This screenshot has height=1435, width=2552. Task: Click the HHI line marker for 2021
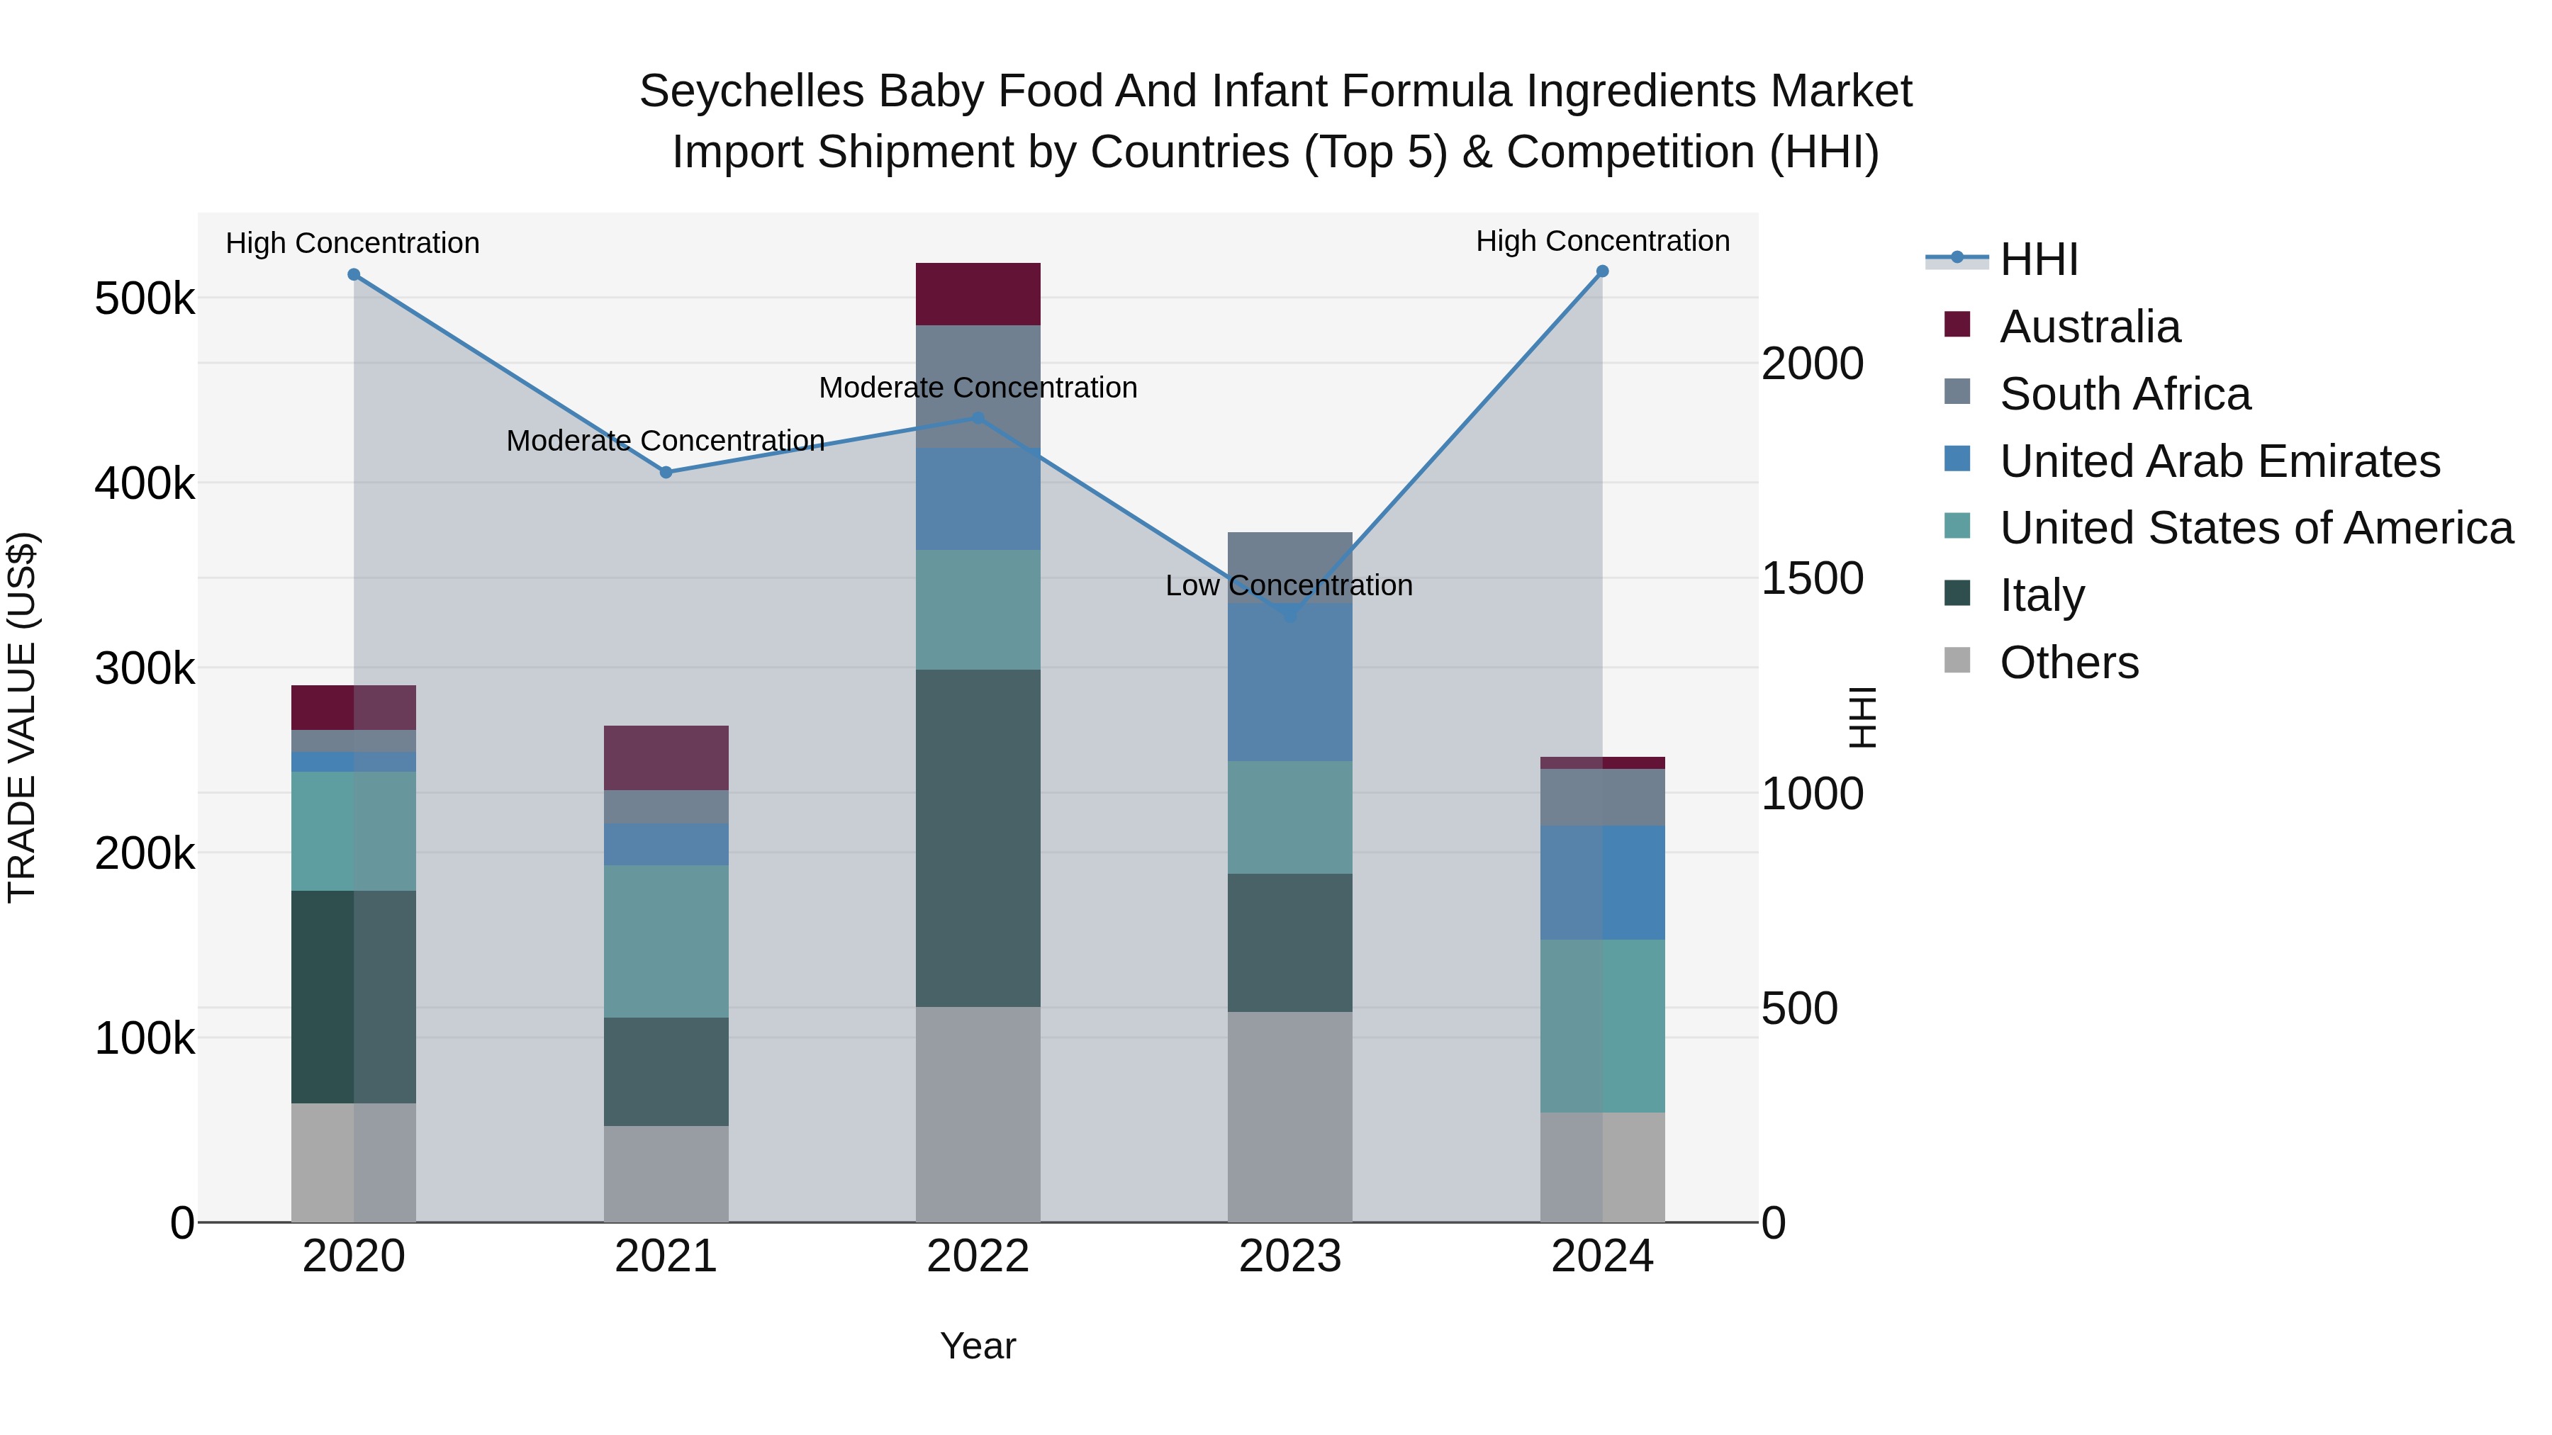666,473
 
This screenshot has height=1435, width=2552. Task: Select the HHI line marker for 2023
1290,616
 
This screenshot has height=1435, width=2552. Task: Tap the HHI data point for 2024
1602,271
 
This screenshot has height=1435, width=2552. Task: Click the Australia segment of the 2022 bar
978,294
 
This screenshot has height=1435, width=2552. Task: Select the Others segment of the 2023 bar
1290,1116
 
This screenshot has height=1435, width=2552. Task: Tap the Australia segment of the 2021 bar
666,758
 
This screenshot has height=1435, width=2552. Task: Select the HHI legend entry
2038,259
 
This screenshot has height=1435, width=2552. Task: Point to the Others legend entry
2069,663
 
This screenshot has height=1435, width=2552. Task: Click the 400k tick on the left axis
145,484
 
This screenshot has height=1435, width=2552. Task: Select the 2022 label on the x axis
978,1256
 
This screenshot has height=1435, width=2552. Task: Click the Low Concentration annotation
1289,585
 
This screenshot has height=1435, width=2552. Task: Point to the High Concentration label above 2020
353,242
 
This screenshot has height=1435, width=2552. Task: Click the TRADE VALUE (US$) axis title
22,717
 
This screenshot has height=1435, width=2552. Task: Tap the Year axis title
978,1346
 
